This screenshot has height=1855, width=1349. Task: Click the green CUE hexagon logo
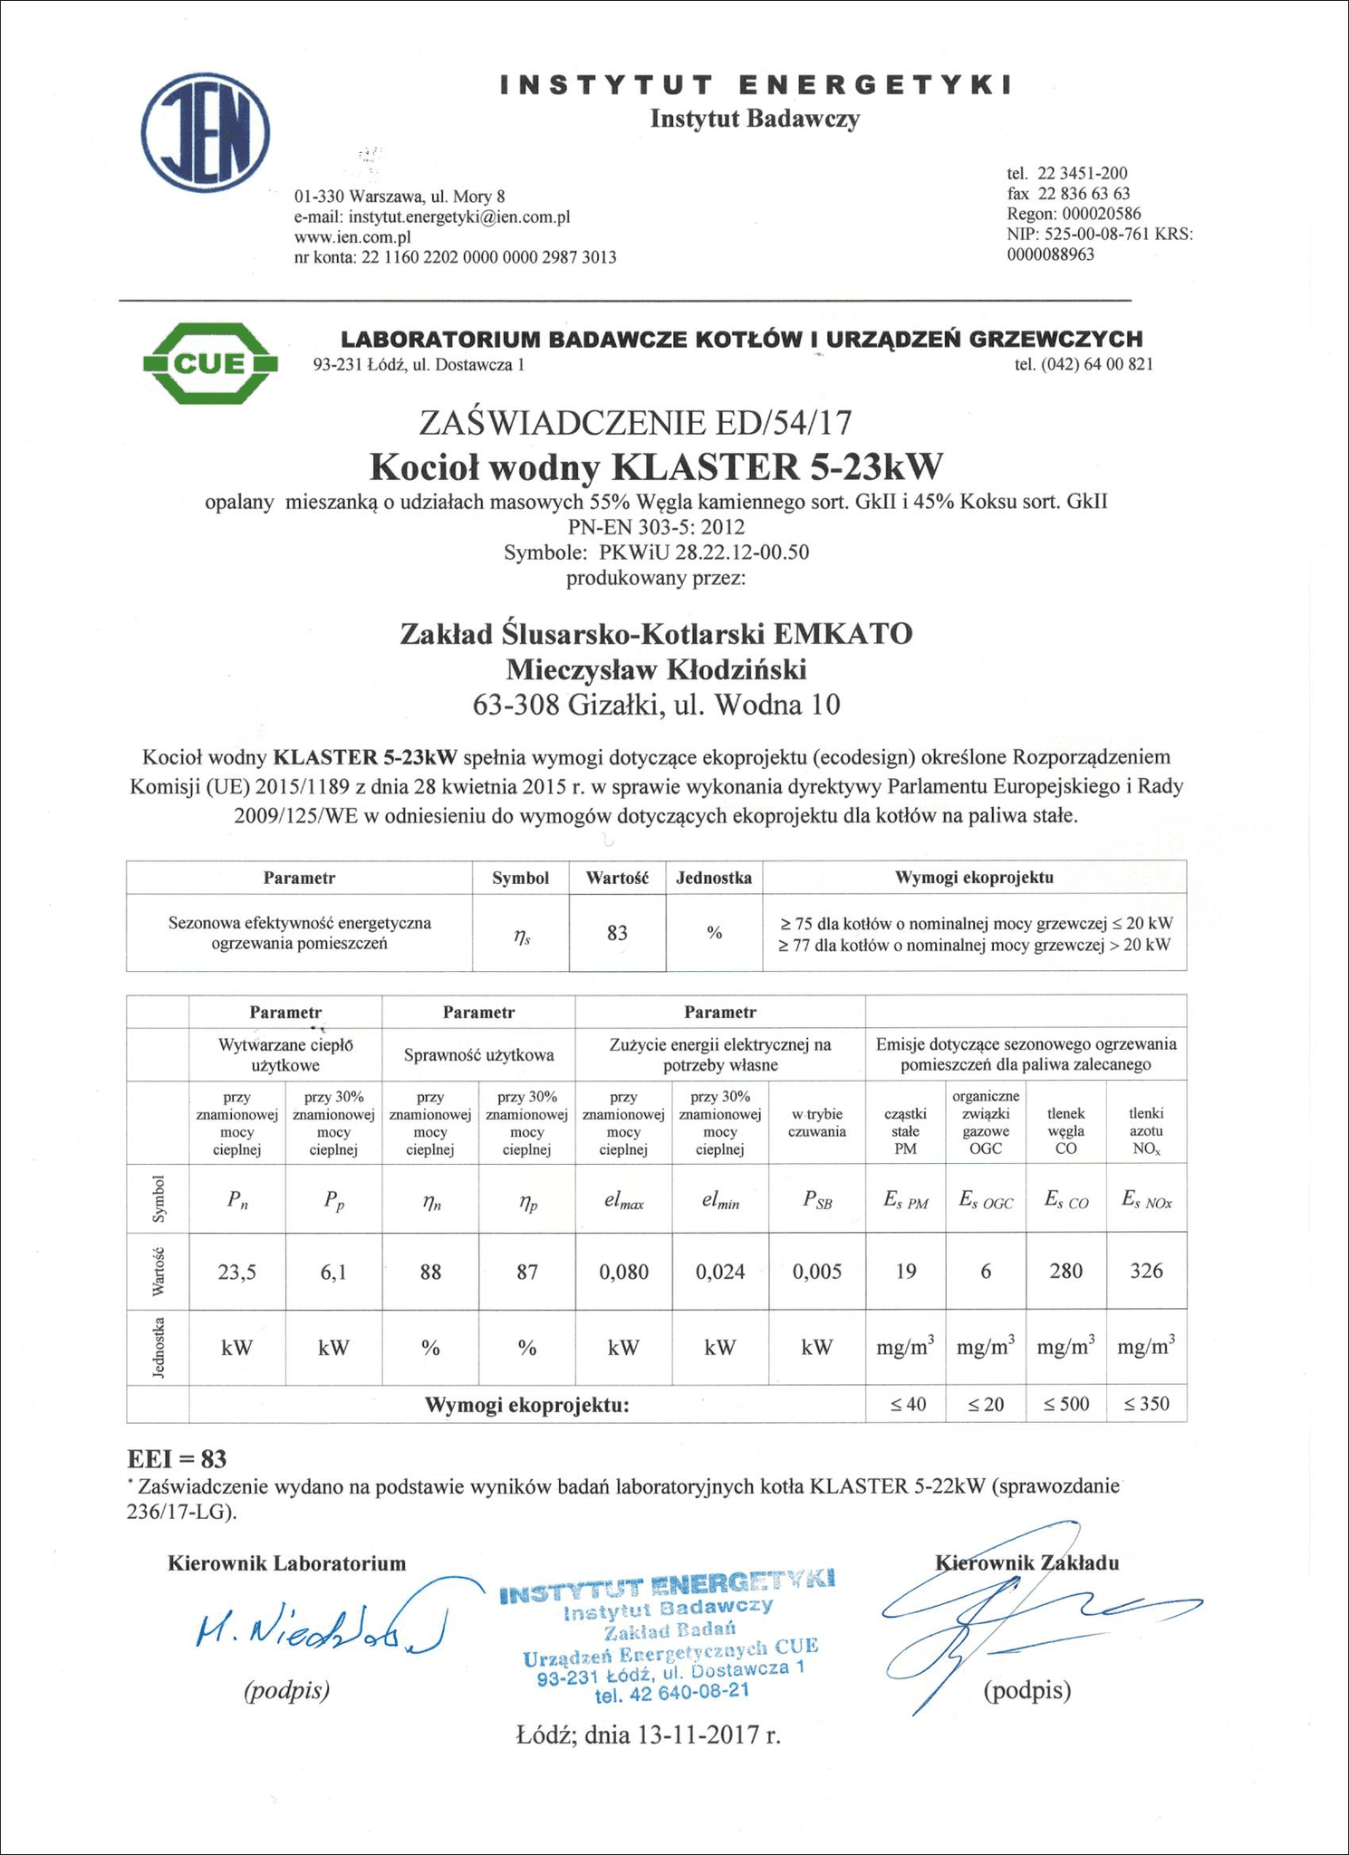click(210, 363)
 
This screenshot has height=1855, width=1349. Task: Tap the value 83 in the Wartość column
click(617, 933)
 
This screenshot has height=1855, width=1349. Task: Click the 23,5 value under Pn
click(237, 1272)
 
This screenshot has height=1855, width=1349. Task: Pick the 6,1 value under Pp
click(333, 1272)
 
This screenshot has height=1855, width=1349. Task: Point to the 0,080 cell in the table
click(623, 1272)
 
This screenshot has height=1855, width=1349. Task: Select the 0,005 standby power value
click(816, 1272)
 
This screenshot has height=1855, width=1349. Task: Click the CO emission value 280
click(1065, 1271)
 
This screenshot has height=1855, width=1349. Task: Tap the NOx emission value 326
click(1146, 1271)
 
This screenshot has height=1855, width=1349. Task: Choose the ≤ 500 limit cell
click(1065, 1404)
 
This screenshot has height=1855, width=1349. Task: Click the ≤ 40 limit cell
click(906, 1404)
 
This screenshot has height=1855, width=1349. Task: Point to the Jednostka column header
click(714, 878)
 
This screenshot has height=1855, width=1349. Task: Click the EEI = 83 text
click(177, 1459)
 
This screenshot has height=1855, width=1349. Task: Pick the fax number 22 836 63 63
click(1084, 194)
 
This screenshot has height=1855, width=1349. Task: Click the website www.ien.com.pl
click(352, 237)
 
